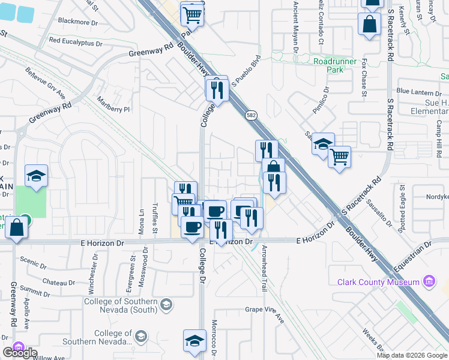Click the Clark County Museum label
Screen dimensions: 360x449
coord(378,282)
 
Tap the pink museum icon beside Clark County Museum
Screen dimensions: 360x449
coord(429,281)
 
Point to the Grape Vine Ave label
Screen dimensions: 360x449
coord(264,310)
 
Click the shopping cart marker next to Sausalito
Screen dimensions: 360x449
coord(339,157)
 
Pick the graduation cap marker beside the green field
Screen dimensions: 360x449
coord(36,176)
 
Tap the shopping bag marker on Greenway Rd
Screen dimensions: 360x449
coord(17,228)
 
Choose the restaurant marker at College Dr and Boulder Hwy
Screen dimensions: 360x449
coord(216,89)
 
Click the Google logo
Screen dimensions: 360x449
coord(20,353)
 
